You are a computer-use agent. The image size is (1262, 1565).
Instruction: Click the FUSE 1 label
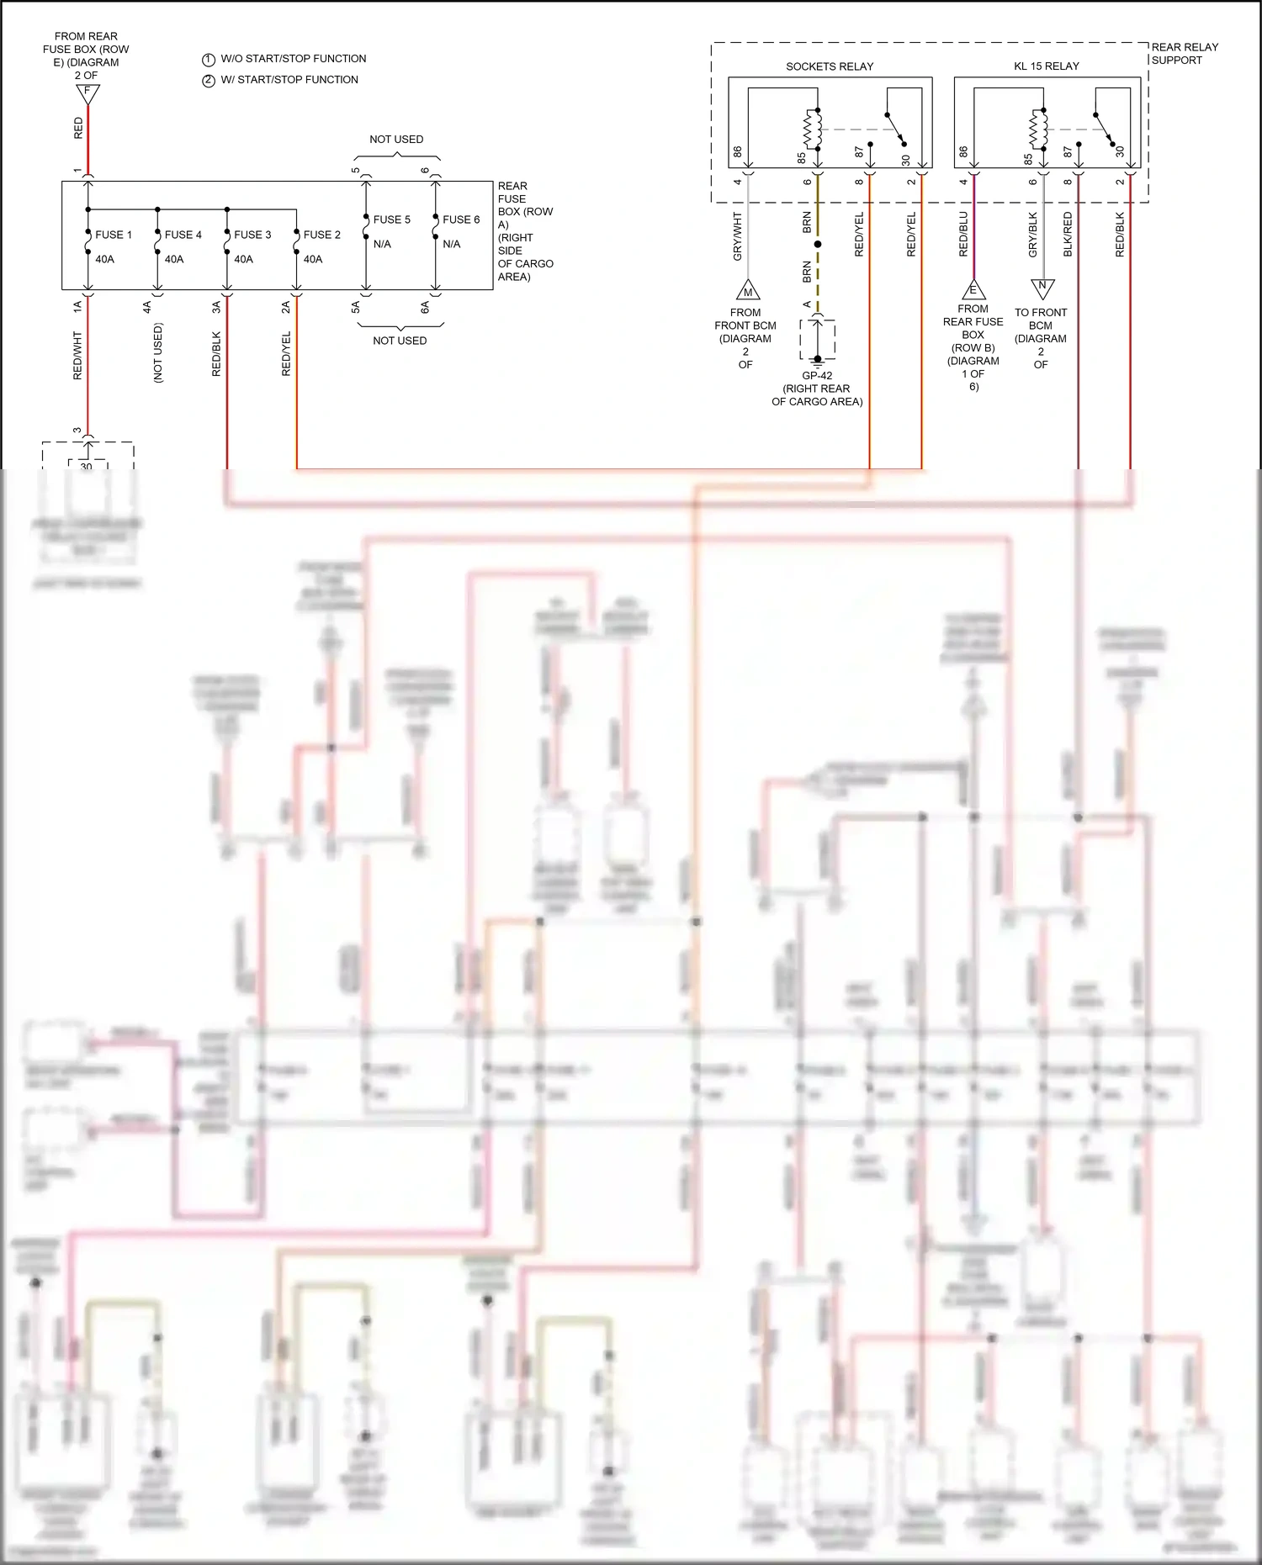pos(114,235)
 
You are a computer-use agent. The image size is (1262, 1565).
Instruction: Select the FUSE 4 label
pos(183,235)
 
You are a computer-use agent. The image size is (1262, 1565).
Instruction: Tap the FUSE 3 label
pos(252,235)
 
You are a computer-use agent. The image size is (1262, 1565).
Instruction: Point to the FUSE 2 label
pos(321,235)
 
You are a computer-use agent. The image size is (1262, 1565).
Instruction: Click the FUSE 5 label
pos(391,219)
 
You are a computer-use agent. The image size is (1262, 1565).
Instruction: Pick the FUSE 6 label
pos(461,219)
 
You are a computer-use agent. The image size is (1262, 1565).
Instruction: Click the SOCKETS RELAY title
pos(829,66)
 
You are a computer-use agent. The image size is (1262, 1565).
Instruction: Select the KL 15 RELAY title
pos(1046,66)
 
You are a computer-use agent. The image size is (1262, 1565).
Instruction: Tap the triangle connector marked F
pos(87,93)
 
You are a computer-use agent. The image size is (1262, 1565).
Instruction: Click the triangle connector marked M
pos(748,291)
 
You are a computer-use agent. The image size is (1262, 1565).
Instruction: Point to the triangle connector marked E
pos(973,290)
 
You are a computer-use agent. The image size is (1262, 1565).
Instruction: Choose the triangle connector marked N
pos(1042,288)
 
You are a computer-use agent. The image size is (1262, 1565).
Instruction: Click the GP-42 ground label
pos(817,376)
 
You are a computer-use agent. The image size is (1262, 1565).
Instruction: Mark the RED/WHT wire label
pos(78,355)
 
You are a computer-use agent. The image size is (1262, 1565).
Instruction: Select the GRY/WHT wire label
pos(738,235)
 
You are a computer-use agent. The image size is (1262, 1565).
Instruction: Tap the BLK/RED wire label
pos(1068,234)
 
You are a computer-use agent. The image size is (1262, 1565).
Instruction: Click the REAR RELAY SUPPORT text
pos(1184,54)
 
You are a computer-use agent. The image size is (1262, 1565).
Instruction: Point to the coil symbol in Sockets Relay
pos(814,130)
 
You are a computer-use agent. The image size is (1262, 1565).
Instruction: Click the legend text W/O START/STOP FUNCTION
pos(293,59)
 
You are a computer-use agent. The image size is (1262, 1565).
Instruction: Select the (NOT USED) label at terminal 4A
pos(158,353)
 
